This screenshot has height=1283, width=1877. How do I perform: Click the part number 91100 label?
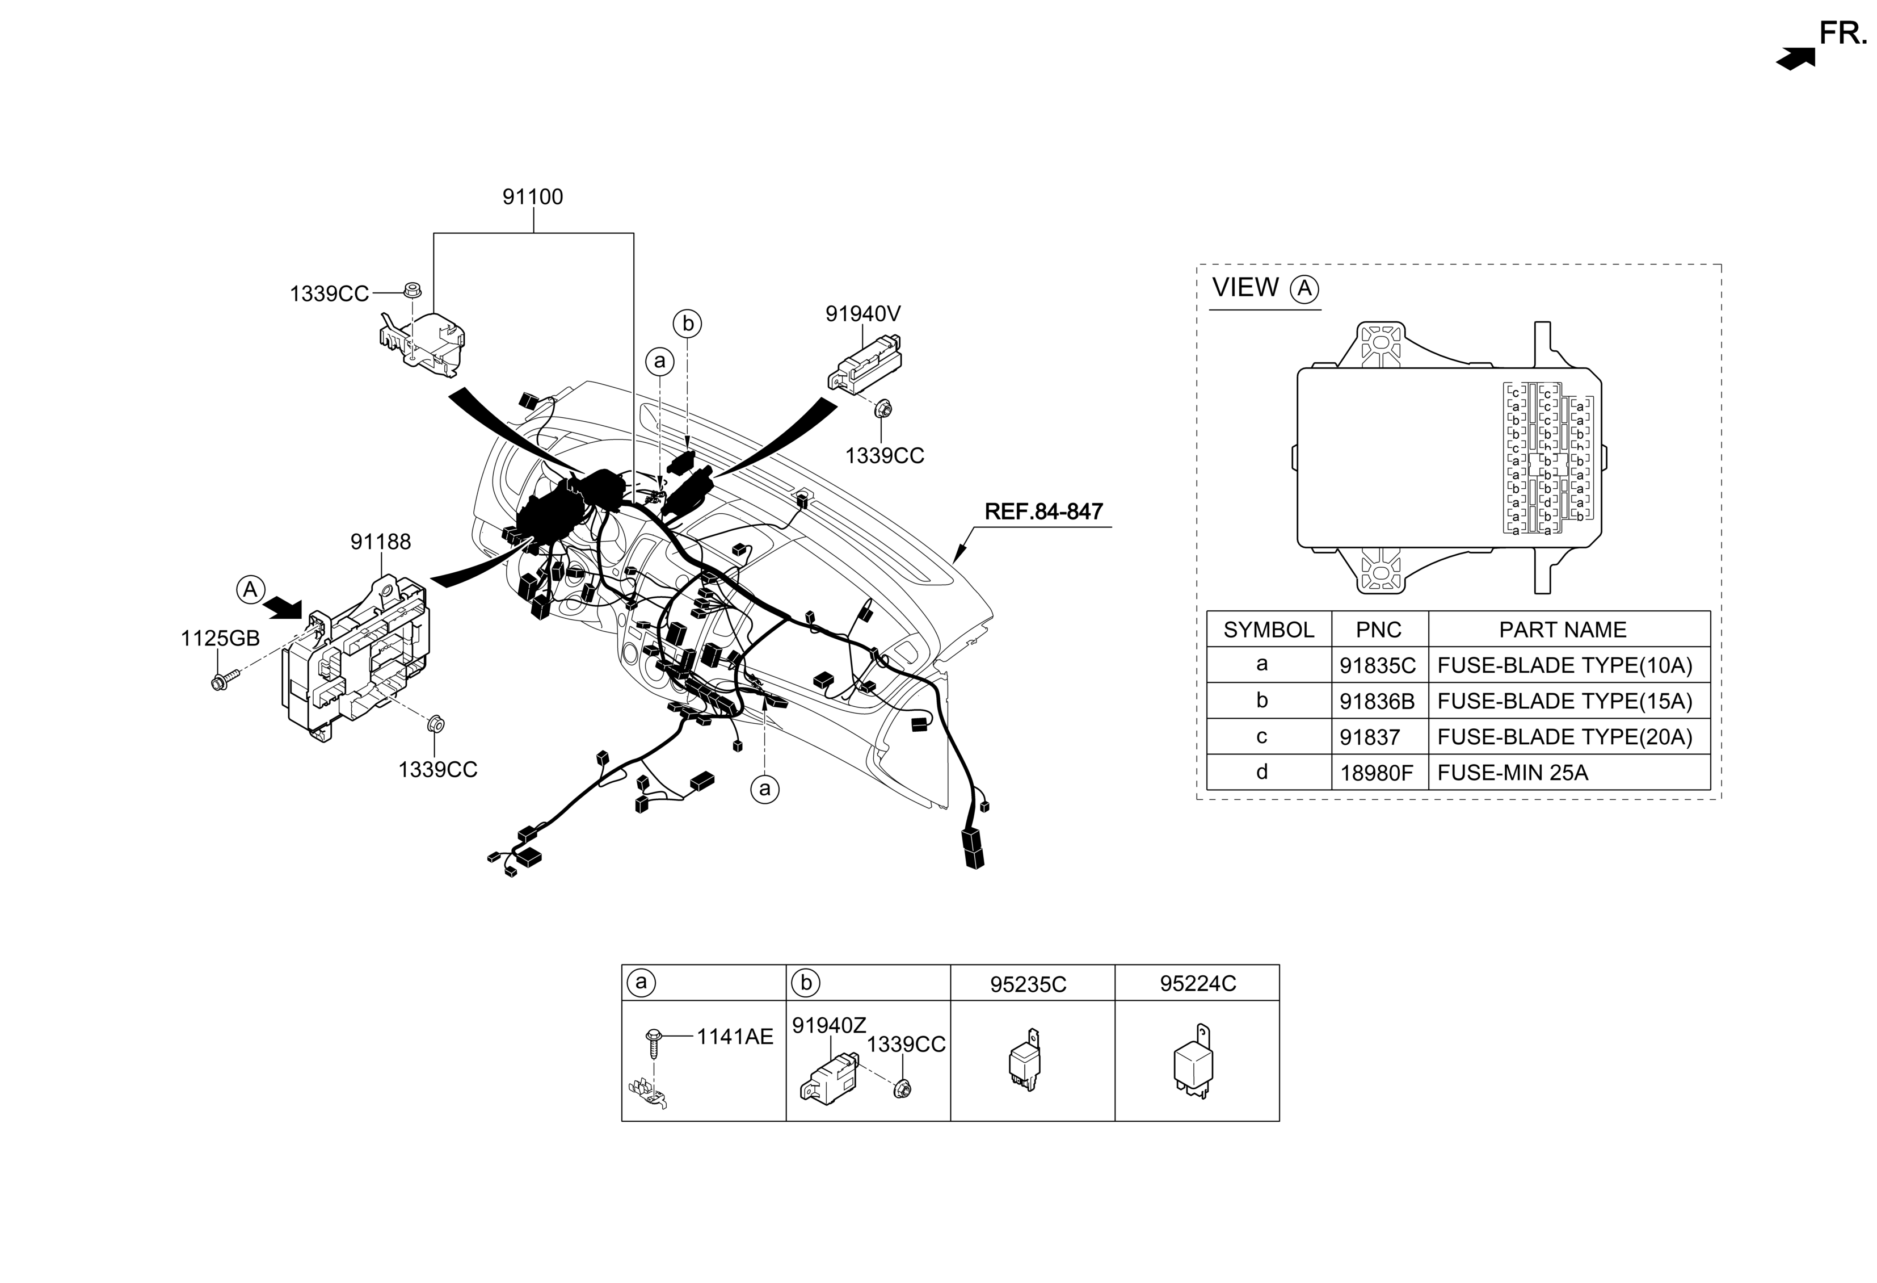pyautogui.click(x=532, y=197)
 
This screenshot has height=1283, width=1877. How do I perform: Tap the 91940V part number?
pyautogui.click(x=862, y=313)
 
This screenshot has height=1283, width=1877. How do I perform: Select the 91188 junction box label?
pyautogui.click(x=380, y=542)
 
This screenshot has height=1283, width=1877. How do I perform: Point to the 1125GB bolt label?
pyautogui.click(x=220, y=638)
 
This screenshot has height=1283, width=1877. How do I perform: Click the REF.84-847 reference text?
pyautogui.click(x=1043, y=511)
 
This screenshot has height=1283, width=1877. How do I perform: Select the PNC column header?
pyautogui.click(x=1379, y=630)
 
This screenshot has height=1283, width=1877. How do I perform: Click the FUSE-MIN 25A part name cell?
pyautogui.click(x=1512, y=773)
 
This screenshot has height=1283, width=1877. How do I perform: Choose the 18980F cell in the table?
pyautogui.click(x=1376, y=773)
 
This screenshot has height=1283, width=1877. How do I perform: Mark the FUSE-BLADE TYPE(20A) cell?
pyautogui.click(x=1564, y=737)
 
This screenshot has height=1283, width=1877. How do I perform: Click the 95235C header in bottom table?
pyautogui.click(x=1028, y=984)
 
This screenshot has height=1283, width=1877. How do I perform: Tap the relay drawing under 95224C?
pyautogui.click(x=1194, y=1062)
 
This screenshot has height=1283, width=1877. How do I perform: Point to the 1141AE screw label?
pyautogui.click(x=735, y=1037)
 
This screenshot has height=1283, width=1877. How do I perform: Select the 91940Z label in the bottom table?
pyautogui.click(x=828, y=1025)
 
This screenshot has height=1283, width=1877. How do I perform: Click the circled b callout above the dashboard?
pyautogui.click(x=687, y=323)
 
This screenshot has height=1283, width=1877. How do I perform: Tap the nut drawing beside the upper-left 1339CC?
pyautogui.click(x=413, y=289)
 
